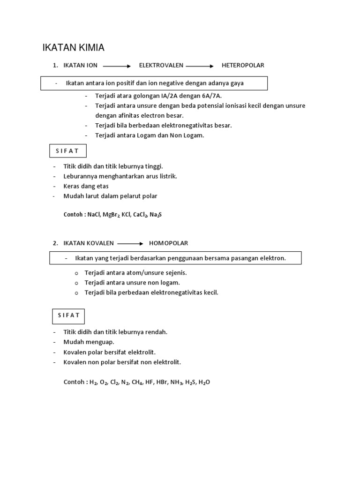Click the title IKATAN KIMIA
coord(73,47)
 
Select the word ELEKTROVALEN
coord(161,65)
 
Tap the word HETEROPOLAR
coord(243,65)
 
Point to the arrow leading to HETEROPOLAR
coord(200,66)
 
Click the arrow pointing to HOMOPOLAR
coord(130,243)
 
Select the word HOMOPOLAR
coord(168,243)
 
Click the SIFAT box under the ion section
coord(68,151)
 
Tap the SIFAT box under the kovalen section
coord(68,315)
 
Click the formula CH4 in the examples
coord(137,382)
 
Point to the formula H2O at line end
coord(204,382)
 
